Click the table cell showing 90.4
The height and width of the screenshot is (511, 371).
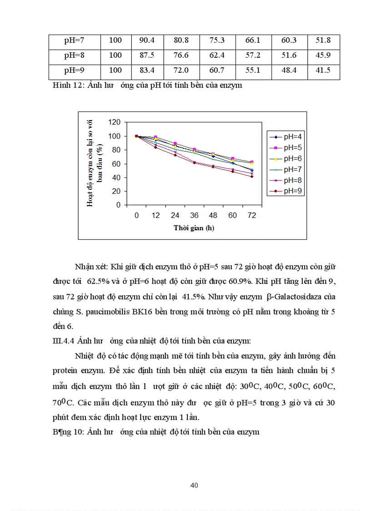click(x=147, y=40)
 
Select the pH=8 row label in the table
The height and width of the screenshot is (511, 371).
click(x=75, y=55)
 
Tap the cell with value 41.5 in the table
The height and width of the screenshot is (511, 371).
click(x=323, y=70)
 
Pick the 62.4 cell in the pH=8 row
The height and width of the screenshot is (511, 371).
click(x=217, y=55)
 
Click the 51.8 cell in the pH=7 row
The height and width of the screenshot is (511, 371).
click(x=323, y=40)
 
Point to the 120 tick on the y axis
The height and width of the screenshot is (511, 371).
click(x=115, y=122)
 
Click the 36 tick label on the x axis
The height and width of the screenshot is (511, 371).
click(x=195, y=215)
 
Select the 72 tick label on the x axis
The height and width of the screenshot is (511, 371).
click(x=251, y=215)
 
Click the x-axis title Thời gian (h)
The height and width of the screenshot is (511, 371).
click(x=194, y=228)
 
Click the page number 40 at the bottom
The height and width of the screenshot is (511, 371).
click(x=194, y=486)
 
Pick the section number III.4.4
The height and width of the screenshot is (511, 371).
click(x=63, y=340)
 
